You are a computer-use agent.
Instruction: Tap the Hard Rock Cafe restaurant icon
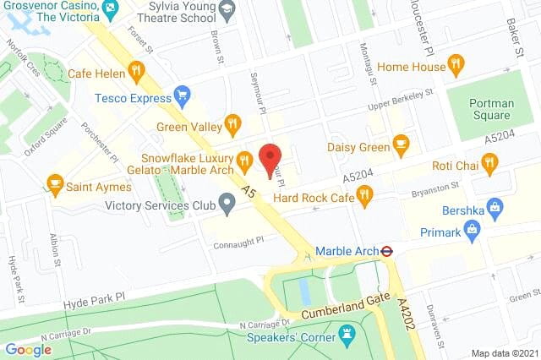[x=364, y=197]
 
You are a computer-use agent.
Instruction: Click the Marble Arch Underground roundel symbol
[x=385, y=250]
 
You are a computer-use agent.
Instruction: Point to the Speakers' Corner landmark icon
[x=346, y=335]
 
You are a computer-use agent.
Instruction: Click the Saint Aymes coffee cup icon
[x=55, y=182]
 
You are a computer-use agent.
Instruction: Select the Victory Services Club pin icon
[x=226, y=203]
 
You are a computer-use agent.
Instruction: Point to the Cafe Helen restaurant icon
[x=135, y=69]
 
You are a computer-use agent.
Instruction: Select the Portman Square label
[x=490, y=109]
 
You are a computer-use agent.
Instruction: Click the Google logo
[x=28, y=349]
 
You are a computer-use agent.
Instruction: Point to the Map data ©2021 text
[x=503, y=352]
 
